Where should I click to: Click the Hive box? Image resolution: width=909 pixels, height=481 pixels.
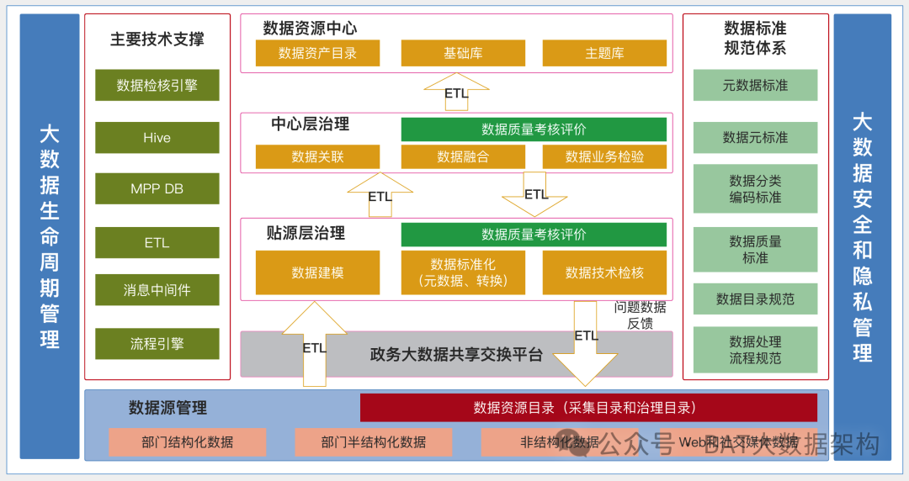157,138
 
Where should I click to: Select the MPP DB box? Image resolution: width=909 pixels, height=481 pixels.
157,188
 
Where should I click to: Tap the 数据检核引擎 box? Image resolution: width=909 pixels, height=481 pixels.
157,85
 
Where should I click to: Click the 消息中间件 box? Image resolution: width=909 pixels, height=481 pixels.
157,290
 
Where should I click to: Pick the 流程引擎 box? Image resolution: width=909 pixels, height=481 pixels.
157,344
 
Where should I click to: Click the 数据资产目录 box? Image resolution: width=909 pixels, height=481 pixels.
317,53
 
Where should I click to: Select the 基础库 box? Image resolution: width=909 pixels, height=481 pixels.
463,53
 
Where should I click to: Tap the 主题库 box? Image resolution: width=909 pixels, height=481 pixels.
604,53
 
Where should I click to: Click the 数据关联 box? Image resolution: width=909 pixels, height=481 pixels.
317,156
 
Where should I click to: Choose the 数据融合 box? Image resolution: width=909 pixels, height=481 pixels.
463,156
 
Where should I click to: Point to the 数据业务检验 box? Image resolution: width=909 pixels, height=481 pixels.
604,156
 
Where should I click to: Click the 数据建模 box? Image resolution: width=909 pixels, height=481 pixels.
317,272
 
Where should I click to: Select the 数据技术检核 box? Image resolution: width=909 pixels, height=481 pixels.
604,272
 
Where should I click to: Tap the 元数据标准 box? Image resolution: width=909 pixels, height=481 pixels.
755,85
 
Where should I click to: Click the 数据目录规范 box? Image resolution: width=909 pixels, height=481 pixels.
755,299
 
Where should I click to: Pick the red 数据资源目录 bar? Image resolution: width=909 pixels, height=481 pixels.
588,408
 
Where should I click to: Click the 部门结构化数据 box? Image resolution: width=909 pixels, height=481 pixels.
187,442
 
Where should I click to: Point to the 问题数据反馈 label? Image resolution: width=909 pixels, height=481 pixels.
640,315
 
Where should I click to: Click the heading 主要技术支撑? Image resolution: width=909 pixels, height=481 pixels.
157,39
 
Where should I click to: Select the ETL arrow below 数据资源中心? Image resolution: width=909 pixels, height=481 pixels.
456,92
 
